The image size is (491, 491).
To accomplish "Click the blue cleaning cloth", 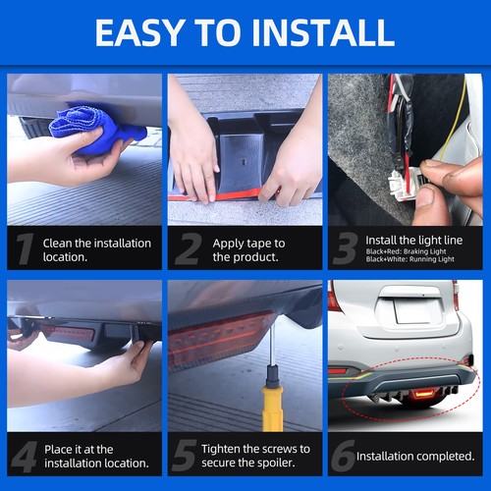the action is click(95, 129).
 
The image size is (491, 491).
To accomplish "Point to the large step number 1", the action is click(26, 248).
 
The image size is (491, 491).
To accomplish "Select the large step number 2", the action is click(189, 248).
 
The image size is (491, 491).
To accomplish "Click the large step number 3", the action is click(345, 248).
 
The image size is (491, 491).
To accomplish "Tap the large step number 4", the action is click(25, 457).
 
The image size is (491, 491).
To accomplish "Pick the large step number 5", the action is click(184, 456).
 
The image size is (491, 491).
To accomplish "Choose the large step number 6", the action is click(343, 456).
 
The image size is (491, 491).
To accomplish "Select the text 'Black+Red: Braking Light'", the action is click(406, 251).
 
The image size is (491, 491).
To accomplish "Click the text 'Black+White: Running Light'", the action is click(410, 259).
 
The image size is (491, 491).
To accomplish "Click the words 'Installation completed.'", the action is click(415, 456).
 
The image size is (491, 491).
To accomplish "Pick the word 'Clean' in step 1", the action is click(57, 244).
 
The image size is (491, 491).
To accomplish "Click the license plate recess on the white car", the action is click(411, 310).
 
